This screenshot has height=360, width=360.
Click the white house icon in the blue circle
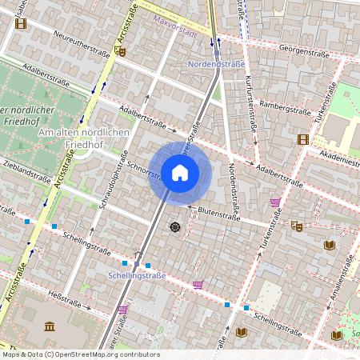click(x=180, y=173)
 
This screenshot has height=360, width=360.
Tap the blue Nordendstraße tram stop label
click(x=216, y=64)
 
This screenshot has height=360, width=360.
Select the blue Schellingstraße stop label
click(x=136, y=275)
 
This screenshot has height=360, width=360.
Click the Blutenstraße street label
click(x=219, y=215)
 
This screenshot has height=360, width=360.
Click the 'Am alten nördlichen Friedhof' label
click(x=83, y=132)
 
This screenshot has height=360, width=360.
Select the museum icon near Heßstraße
click(x=50, y=326)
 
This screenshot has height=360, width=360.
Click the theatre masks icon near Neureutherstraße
click(x=120, y=51)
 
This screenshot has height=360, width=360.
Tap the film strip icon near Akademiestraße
click(x=302, y=139)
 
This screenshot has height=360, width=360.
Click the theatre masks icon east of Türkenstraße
click(x=295, y=226)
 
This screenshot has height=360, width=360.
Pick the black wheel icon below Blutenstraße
click(x=175, y=228)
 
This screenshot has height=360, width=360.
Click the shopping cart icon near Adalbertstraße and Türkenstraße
click(x=276, y=202)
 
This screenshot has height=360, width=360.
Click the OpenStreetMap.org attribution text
click(x=80, y=354)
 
